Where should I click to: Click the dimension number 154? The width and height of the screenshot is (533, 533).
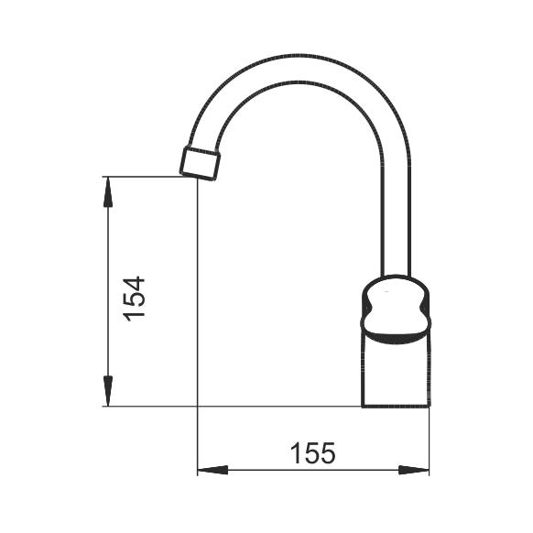point(135,299)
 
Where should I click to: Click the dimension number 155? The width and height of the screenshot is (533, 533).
point(312,452)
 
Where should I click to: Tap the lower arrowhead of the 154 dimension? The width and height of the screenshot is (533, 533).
point(108,391)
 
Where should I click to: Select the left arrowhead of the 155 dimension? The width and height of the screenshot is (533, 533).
point(212,470)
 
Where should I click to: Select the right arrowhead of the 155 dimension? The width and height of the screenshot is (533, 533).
point(414,470)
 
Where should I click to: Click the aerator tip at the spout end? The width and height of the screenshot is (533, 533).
point(200,163)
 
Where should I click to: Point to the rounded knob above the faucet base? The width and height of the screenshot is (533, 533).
point(395,310)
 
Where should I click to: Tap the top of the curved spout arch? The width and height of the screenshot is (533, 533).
point(299,68)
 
